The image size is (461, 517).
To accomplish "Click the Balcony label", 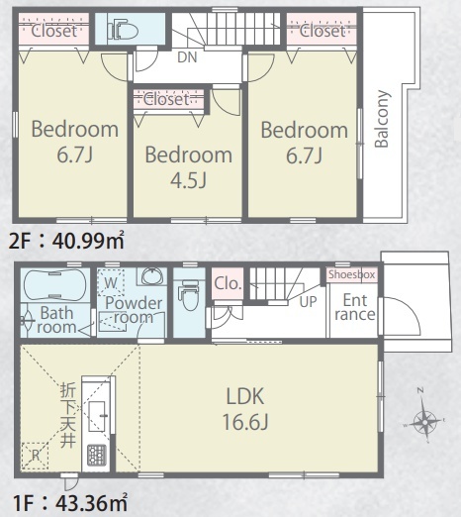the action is [x=383, y=119].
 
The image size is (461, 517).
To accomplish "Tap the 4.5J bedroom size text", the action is [x=189, y=180].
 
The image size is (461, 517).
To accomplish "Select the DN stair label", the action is [x=187, y=57].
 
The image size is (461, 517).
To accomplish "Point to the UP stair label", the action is [x=308, y=301].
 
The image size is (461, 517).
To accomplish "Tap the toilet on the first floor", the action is [x=189, y=295].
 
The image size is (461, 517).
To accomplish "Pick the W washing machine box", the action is [x=111, y=282].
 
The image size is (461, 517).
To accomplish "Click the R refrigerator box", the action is [x=35, y=456].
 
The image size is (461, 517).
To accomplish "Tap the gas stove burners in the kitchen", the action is [x=97, y=455].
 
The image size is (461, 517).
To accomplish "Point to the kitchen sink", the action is [x=98, y=417].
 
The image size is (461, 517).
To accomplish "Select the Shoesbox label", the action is [x=351, y=274].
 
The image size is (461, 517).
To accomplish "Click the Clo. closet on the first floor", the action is [x=227, y=283].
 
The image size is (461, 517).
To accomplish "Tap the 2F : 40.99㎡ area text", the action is [x=66, y=241].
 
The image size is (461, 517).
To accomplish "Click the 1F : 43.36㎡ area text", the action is [x=70, y=503].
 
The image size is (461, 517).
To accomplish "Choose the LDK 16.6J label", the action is [x=245, y=409].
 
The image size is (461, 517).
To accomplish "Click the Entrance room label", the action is [x=355, y=307].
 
